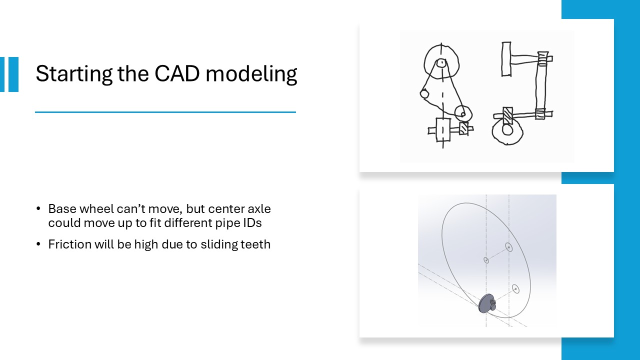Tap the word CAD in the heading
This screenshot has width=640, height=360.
[177, 73]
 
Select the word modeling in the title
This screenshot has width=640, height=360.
[251, 74]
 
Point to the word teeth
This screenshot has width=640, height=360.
[255, 244]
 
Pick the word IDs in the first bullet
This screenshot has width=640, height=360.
[252, 223]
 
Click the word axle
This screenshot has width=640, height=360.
[259, 209]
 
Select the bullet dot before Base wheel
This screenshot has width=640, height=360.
[38, 208]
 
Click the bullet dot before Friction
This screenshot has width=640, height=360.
[38, 244]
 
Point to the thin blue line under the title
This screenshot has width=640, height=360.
[165, 112]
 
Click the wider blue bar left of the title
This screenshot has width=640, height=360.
[13, 74]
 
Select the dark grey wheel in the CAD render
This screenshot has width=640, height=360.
[487, 303]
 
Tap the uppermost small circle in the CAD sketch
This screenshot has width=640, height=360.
[509, 247]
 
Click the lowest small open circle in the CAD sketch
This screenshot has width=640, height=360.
[515, 289]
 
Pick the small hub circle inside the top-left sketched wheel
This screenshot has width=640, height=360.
[441, 62]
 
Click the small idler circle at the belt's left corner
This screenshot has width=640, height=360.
[424, 93]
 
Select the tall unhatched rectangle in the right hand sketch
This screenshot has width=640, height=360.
[506, 59]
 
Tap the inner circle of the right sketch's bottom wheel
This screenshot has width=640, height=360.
[507, 130]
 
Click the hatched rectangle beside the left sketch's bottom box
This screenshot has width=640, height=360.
[463, 128]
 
